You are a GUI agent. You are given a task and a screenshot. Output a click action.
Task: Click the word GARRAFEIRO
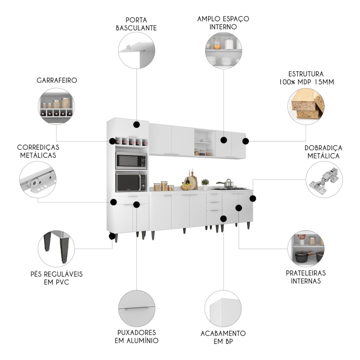click(57, 80)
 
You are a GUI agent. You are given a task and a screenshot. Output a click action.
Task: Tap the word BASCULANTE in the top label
click(136, 28)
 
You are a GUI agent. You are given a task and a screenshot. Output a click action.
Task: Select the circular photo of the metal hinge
click(324, 180)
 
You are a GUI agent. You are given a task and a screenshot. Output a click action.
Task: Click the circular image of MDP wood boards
click(306, 106)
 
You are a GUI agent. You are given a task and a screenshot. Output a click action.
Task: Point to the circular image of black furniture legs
click(56, 249)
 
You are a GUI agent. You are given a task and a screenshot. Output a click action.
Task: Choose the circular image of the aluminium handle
click(136, 309)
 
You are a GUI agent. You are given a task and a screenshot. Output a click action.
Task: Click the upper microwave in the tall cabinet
click(131, 161)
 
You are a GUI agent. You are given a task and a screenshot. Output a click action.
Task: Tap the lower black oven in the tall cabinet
click(131, 182)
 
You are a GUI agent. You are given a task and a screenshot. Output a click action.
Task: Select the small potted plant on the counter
click(205, 184)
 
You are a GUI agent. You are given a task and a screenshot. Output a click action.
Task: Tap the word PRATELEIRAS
click(306, 273)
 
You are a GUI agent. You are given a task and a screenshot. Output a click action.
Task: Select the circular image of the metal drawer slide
click(38, 180)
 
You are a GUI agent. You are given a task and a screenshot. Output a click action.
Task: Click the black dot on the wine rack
click(112, 141)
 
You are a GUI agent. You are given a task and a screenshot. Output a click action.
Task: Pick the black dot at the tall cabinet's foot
click(112, 236)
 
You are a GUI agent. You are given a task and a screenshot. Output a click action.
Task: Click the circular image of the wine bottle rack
click(56, 106)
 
